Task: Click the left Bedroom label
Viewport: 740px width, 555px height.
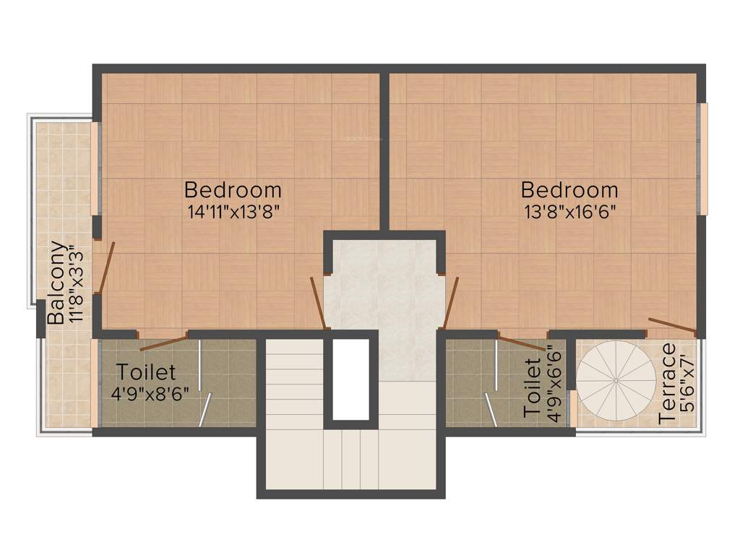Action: click(x=233, y=190)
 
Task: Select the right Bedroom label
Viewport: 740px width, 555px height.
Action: click(x=569, y=190)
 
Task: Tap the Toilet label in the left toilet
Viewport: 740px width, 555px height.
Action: click(x=147, y=372)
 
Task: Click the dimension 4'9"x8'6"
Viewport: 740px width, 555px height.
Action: click(x=150, y=394)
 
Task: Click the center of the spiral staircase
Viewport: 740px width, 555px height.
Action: click(x=616, y=379)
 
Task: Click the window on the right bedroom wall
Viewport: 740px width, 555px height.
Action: click(x=702, y=158)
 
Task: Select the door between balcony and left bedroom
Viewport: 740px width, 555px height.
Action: click(x=106, y=267)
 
